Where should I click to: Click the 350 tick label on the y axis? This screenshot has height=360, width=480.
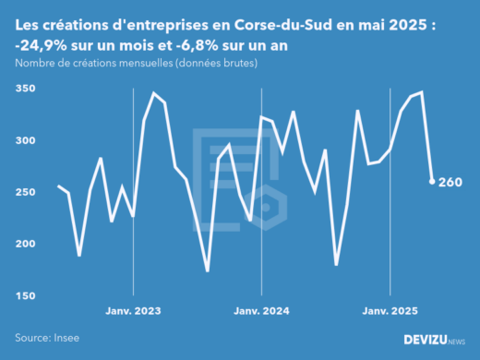coord(25,89)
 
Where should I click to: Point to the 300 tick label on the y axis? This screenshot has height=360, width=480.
coord(25,140)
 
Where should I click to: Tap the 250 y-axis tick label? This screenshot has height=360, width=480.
coord(25,192)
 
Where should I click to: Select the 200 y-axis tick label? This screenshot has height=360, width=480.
coord(25,244)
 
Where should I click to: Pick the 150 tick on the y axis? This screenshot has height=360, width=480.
coord(25,295)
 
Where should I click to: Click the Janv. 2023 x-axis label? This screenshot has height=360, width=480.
coord(134,311)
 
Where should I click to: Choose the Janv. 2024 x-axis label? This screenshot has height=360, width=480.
coord(262,311)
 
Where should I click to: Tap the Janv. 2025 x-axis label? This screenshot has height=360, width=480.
coord(390,311)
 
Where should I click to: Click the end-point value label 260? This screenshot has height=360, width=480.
coord(450,182)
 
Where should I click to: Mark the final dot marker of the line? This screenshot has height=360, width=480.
coord(432,182)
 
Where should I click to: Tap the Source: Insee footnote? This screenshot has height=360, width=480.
coord(44,339)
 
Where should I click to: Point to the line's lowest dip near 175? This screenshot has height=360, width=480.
coord(207,270)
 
